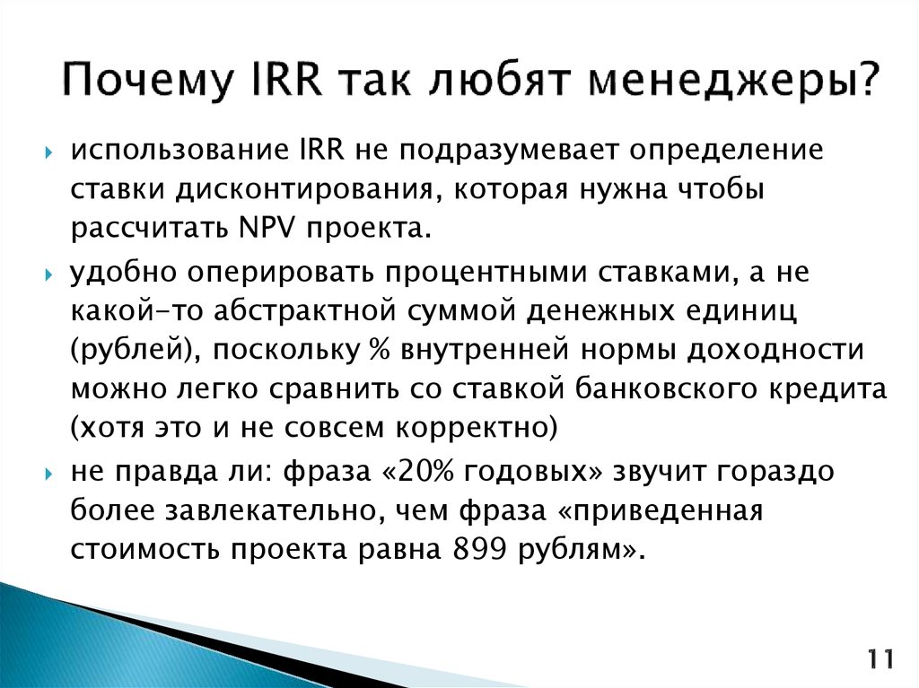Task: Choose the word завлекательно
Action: (299, 510)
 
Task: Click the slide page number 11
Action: (880, 661)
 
